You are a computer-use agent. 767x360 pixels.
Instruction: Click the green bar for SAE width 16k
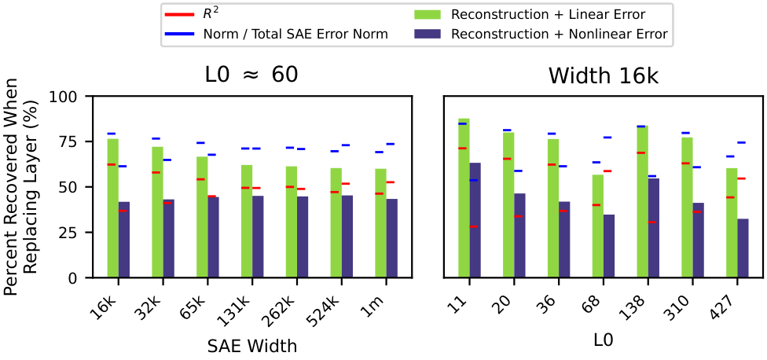[112, 208]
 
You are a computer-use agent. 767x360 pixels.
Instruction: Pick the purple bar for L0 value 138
[654, 228]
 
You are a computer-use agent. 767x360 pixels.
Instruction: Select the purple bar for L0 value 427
[743, 248]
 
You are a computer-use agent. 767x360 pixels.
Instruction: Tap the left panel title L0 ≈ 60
[252, 75]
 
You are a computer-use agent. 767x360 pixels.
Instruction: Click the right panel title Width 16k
[604, 75]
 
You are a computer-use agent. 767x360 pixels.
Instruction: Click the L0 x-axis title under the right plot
[604, 340]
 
